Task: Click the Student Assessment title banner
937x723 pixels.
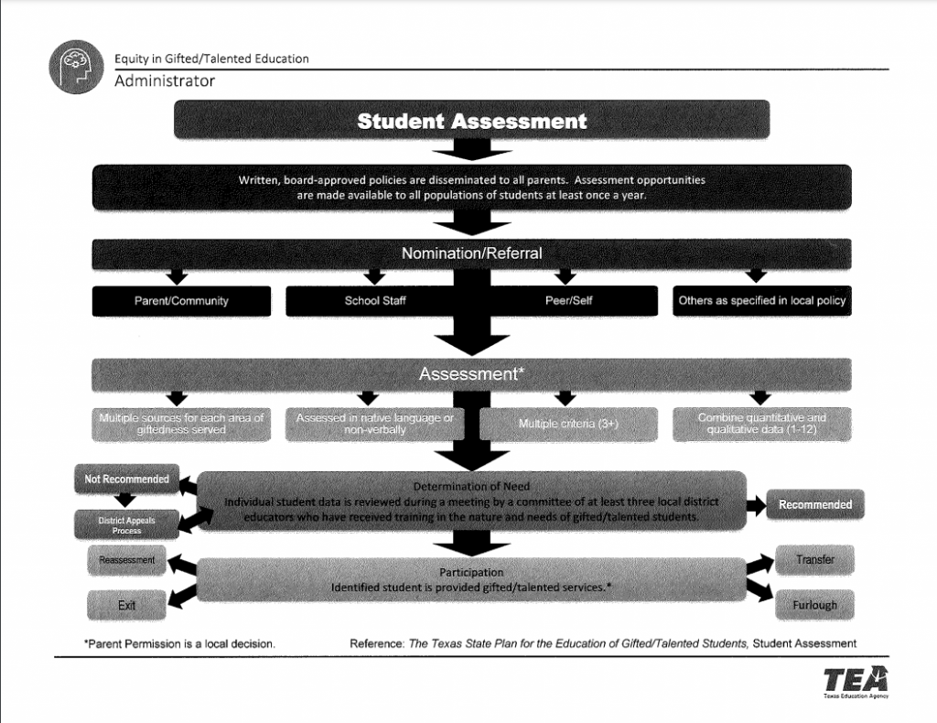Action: pos(471,120)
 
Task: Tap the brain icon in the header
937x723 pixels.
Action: pos(76,67)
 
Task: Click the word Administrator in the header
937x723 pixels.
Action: pos(165,81)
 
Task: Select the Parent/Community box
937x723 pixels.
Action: pos(181,301)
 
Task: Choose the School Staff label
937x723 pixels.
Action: pos(375,301)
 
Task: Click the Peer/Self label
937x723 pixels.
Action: pos(569,301)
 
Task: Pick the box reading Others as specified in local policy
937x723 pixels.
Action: pos(762,301)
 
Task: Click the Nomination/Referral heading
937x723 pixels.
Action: pos(471,254)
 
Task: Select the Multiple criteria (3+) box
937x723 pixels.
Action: pos(569,425)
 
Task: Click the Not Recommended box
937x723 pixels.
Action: pos(127,479)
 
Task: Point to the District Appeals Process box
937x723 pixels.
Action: pos(127,525)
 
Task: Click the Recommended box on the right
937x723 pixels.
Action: pos(814,504)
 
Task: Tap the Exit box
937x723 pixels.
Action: pos(127,606)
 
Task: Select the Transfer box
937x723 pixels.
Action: pos(814,559)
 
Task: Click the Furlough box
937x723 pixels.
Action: pos(814,605)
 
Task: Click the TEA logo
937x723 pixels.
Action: pos(855,681)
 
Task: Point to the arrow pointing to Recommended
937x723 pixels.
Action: pos(757,504)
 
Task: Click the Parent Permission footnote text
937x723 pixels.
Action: pos(179,643)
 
